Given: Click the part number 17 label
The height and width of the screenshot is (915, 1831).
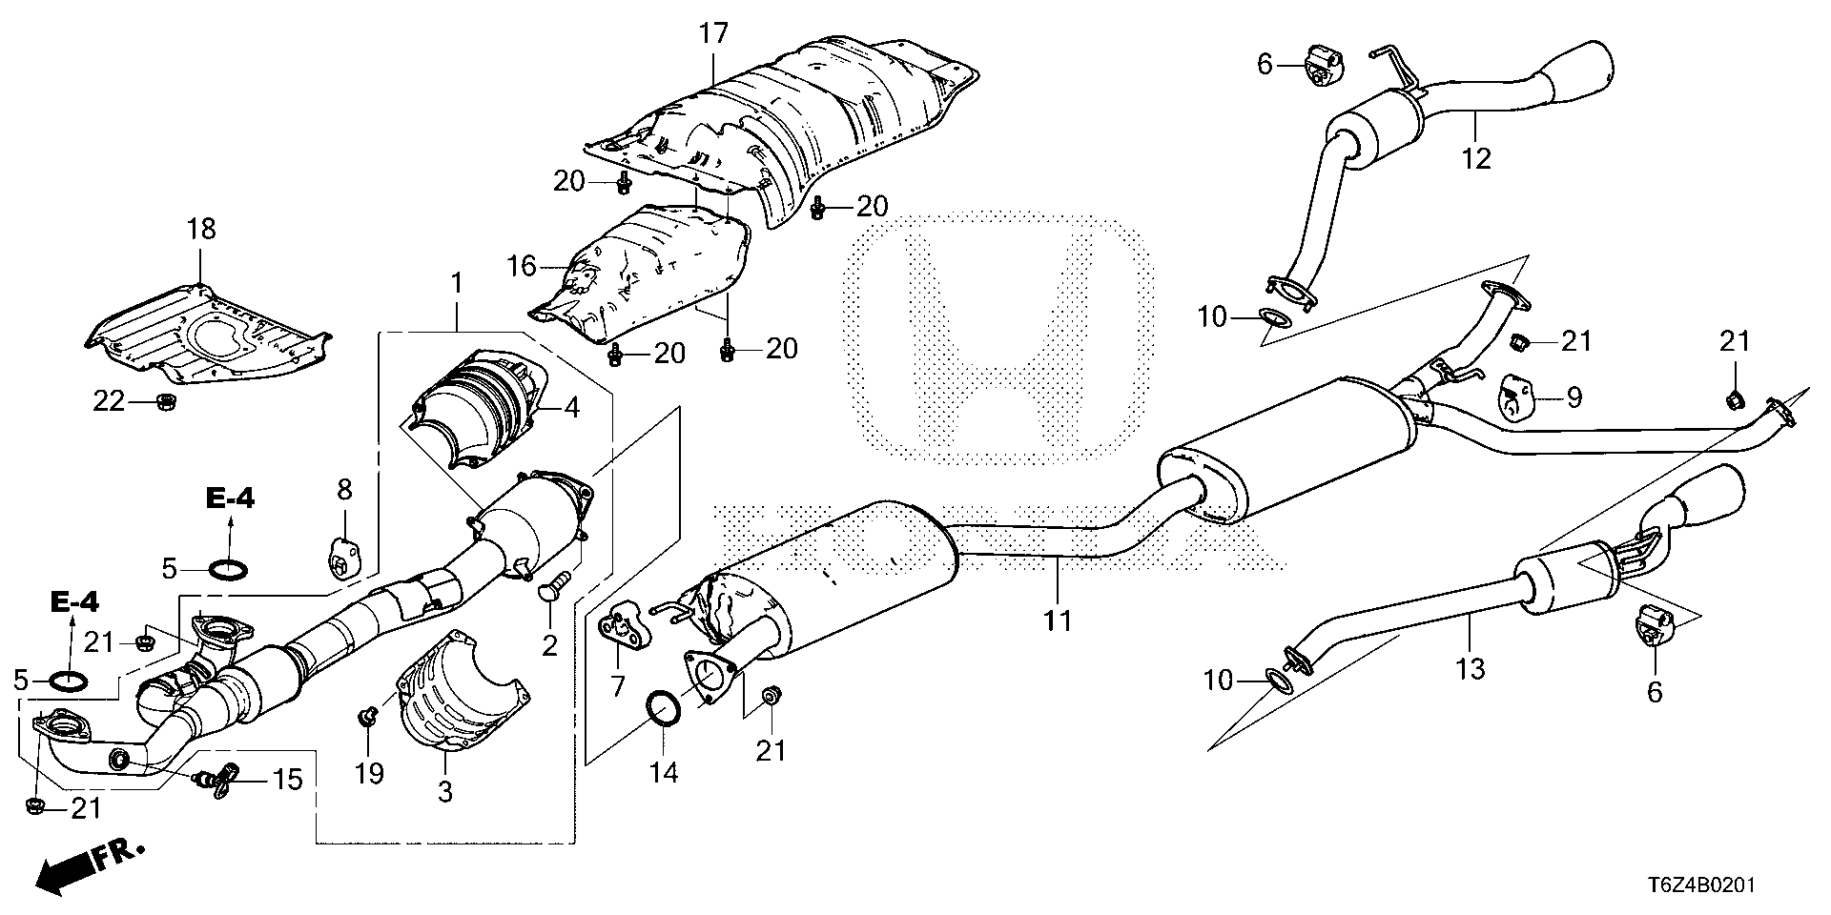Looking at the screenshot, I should (712, 35).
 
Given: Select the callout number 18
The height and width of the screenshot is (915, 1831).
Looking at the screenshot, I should (201, 230).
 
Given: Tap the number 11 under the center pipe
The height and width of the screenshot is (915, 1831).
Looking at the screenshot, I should (1058, 621).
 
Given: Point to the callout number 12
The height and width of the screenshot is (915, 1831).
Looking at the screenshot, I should (1475, 157).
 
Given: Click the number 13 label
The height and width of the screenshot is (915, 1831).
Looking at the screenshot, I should (1471, 669).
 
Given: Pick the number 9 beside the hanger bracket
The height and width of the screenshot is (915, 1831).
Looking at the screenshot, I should (1574, 396).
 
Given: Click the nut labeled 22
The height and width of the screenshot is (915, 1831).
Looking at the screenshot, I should (163, 403).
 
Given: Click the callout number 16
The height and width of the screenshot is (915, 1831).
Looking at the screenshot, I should (523, 266).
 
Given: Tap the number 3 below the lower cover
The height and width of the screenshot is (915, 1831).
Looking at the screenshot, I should (445, 793).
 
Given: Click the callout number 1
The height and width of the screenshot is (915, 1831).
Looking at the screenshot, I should (456, 256).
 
